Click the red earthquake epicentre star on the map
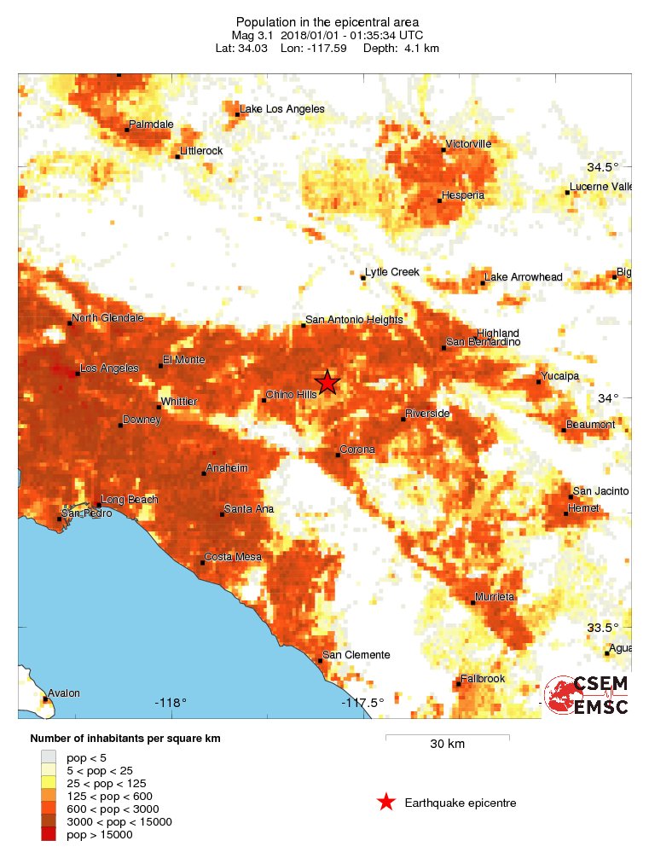click(x=327, y=382)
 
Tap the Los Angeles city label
click(x=108, y=368)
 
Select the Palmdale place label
click(x=151, y=125)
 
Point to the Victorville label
click(x=469, y=144)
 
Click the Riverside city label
click(x=427, y=414)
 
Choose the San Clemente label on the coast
click(x=356, y=655)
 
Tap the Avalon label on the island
click(x=63, y=693)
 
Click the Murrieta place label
click(x=495, y=597)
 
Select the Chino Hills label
click(x=291, y=395)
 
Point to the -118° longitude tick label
click(x=171, y=703)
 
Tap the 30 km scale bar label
click(x=447, y=745)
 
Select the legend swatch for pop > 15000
click(x=49, y=834)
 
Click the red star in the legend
click(x=386, y=803)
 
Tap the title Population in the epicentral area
click(x=327, y=21)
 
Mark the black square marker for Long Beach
click(x=98, y=505)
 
